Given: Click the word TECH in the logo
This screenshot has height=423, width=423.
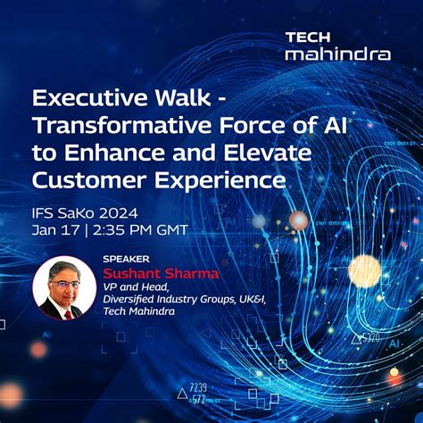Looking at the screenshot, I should click(306, 37).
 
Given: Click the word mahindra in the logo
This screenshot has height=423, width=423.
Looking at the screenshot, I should click(337, 54).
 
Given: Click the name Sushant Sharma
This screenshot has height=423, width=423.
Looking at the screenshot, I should click(161, 273).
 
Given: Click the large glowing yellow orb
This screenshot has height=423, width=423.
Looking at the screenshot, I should click(364, 270).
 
